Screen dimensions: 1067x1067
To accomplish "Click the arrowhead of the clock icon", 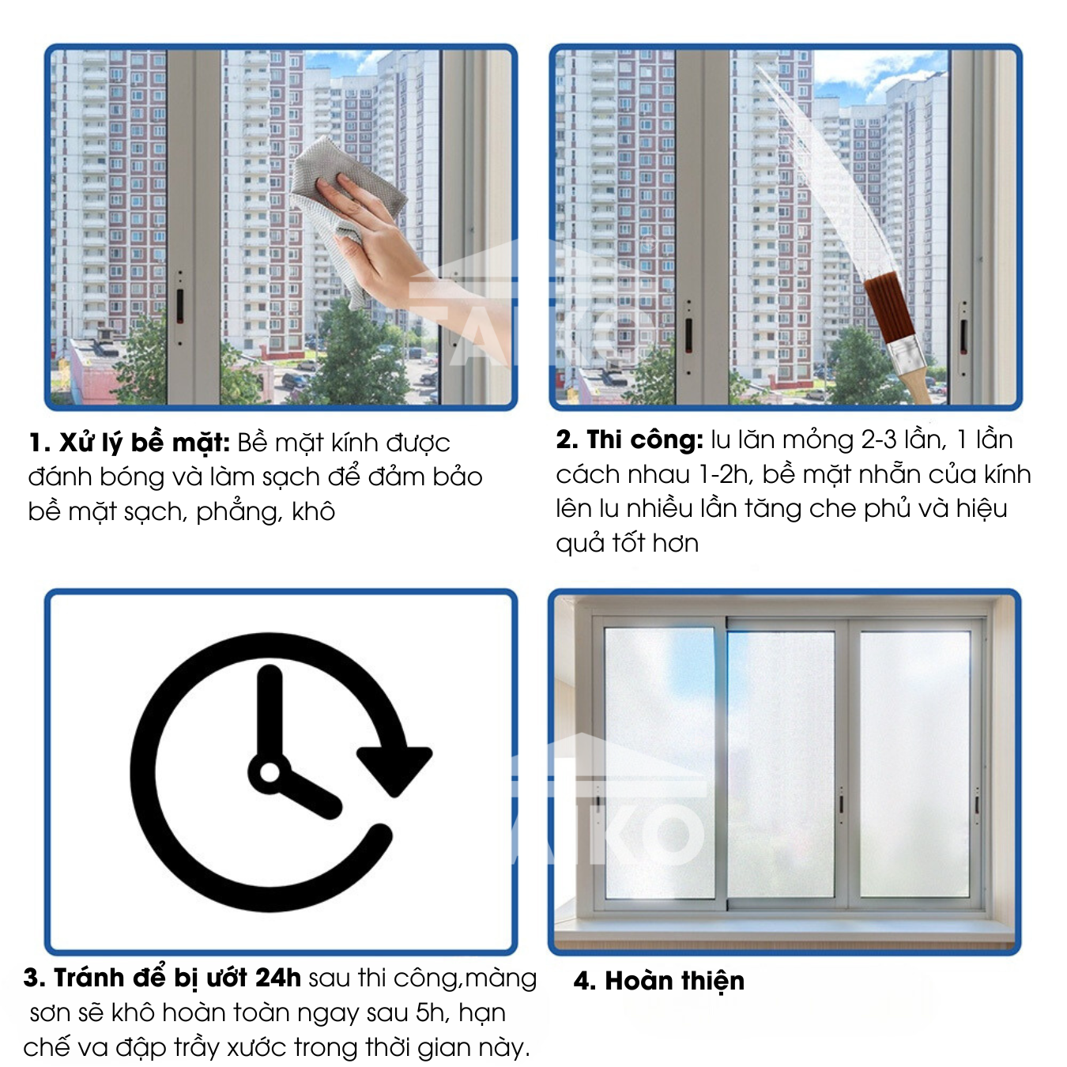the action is pyautogui.click(x=394, y=771).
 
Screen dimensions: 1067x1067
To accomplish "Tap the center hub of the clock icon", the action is pyautogui.click(x=270, y=772).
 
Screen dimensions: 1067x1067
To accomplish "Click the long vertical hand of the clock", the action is pyautogui.click(x=270, y=714).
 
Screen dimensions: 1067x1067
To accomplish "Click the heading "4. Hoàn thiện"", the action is pyautogui.click(x=659, y=981).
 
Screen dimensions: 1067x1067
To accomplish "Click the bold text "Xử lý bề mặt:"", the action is pyautogui.click(x=145, y=443).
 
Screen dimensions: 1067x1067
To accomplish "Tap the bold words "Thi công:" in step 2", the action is pyautogui.click(x=644, y=439).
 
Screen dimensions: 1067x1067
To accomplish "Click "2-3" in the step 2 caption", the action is pyautogui.click(x=880, y=440).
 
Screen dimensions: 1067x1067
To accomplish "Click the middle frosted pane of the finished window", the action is pyautogui.click(x=781, y=764).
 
